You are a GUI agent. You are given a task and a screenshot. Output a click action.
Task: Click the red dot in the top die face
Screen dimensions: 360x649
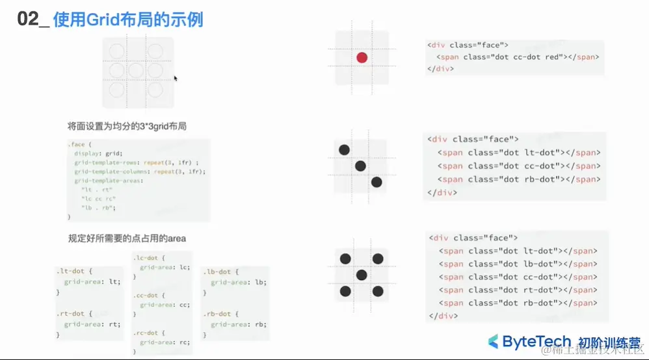(362, 58)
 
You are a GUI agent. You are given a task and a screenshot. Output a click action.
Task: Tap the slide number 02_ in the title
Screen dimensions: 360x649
(32, 19)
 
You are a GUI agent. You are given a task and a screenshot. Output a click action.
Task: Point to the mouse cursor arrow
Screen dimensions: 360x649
(175, 78)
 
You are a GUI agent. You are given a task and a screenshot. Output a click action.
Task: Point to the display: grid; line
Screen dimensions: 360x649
(98, 153)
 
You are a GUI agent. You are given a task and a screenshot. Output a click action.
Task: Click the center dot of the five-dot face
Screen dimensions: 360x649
(362, 275)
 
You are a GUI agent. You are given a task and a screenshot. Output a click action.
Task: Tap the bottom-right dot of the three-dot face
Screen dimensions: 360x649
(377, 182)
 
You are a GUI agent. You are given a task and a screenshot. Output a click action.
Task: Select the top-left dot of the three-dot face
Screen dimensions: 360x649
(345, 150)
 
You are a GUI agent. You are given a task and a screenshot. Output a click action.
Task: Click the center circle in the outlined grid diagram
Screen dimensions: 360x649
(135, 70)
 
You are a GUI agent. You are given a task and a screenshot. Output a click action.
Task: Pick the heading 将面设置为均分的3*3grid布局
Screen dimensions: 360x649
(127, 126)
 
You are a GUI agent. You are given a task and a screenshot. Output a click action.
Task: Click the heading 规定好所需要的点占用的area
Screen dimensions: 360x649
(127, 238)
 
